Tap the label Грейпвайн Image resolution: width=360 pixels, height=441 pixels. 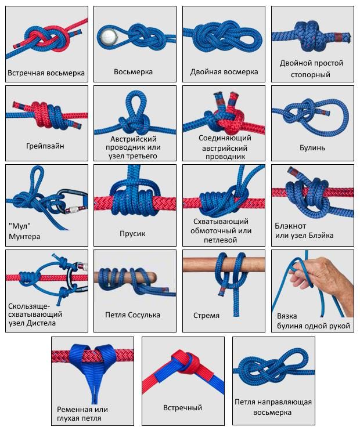coord(45,146)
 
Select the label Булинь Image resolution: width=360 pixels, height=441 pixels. coord(312,147)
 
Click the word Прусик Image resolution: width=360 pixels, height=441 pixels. coord(132,233)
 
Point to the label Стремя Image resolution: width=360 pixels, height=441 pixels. coord(206,316)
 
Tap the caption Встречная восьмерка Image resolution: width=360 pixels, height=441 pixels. coord(46,73)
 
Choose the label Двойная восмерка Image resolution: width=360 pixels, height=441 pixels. coord(224,72)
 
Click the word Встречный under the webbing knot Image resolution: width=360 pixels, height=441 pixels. coord(183,407)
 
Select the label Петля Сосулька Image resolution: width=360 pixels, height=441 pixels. coord(132,315)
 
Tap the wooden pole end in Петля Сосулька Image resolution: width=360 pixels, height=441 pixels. coord(152,276)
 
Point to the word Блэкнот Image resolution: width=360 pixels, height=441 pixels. coord(290,226)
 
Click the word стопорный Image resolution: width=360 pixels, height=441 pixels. coord(311,75)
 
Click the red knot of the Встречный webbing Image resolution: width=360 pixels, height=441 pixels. coord(186,363)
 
